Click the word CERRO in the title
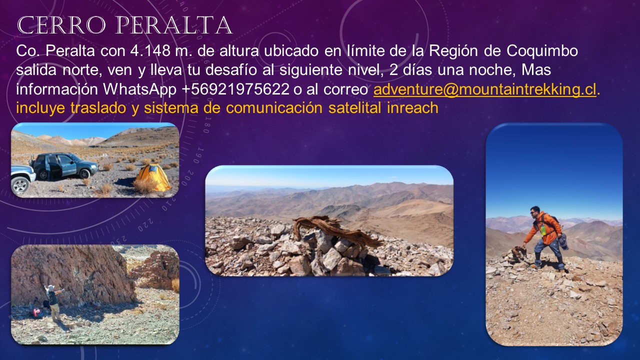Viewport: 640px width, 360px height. pos(61,25)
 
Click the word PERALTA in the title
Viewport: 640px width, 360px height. pos(173,25)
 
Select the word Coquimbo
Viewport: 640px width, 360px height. pos(542,51)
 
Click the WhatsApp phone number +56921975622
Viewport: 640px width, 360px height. pos(235,89)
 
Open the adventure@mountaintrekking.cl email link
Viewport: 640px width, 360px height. pos(485,89)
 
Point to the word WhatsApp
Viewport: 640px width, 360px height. pos(139,89)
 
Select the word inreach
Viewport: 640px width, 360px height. pos(412,108)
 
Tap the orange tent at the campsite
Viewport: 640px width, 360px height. pos(153,177)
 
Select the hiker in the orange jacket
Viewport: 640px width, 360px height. pos(543,237)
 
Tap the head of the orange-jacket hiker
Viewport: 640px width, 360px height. pos(535,211)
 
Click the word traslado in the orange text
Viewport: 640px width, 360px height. pos(98,108)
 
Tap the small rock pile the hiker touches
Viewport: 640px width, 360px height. pos(516,255)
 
